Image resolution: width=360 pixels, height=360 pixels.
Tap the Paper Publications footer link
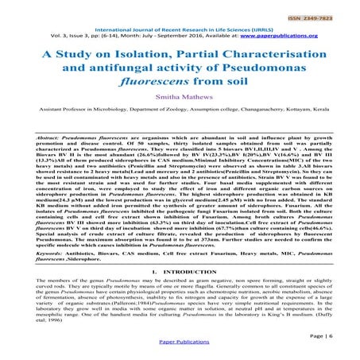point(180,351)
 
